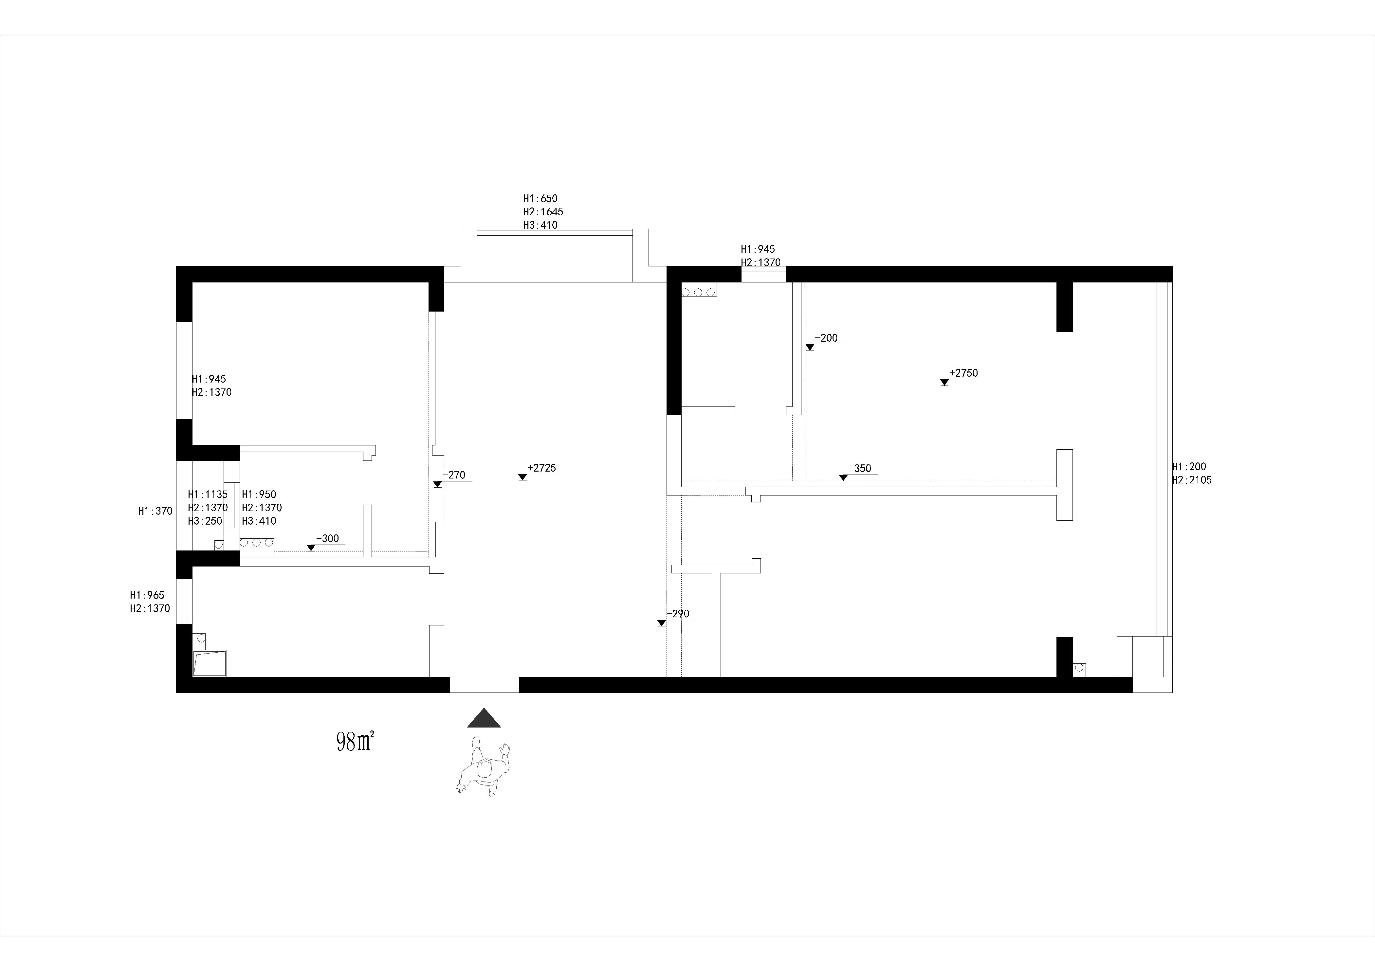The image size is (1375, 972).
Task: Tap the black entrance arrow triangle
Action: [484, 718]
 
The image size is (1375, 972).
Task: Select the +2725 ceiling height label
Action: [541, 468]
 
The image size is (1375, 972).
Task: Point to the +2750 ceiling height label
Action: [963, 373]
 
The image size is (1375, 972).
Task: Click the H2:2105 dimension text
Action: [1192, 480]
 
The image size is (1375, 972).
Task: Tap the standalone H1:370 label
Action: [155, 511]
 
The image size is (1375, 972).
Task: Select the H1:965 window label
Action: [147, 595]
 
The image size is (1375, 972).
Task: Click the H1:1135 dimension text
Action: [208, 495]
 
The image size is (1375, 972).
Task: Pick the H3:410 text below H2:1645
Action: [540, 225]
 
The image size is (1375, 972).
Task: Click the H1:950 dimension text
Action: [259, 495]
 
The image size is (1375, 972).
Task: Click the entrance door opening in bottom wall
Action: [484, 685]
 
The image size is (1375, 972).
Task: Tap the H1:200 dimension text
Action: [1189, 467]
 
